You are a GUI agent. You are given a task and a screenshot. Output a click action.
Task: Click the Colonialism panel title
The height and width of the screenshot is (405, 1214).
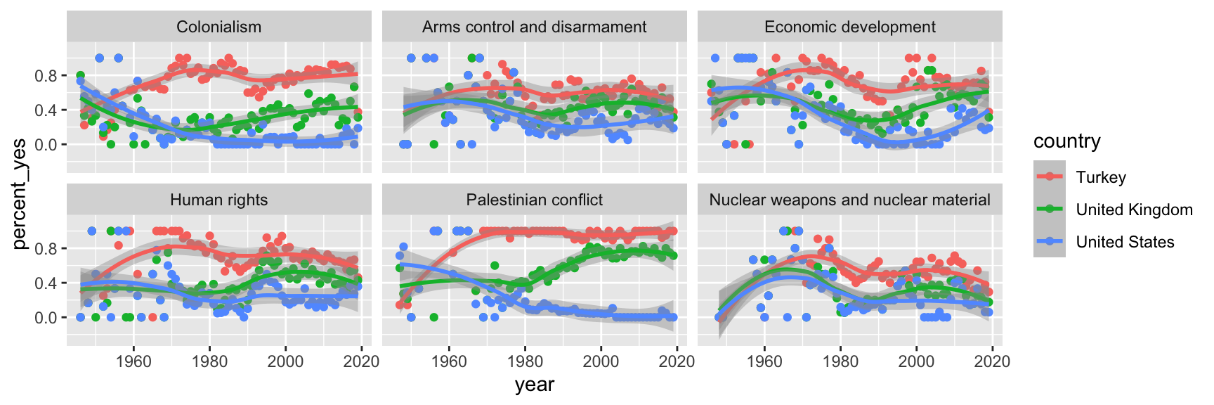(x=218, y=27)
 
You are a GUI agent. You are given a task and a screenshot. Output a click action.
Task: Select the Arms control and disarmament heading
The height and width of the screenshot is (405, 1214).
(x=534, y=27)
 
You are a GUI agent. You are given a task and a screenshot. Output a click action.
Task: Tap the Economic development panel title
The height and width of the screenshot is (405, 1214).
(x=849, y=27)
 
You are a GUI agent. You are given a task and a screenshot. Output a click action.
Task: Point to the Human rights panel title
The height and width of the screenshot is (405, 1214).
(x=218, y=200)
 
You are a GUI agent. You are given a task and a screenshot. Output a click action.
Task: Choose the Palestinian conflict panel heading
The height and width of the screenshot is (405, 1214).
(x=534, y=200)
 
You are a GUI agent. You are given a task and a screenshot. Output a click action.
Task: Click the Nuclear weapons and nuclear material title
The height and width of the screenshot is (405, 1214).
(x=849, y=200)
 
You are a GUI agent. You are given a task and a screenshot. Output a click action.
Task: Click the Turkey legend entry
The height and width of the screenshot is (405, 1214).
(x=1100, y=177)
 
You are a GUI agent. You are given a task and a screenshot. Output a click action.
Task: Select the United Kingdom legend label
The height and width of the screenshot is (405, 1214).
(x=1134, y=210)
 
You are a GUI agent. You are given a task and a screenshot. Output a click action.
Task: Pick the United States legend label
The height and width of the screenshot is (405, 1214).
(x=1125, y=242)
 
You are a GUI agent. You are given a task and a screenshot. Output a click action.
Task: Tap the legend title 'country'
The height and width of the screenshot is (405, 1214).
(x=1066, y=141)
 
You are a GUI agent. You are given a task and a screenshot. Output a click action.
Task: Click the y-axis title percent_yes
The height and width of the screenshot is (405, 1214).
(x=19, y=194)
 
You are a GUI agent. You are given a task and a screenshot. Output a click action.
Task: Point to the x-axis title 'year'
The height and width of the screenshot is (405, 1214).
(x=534, y=385)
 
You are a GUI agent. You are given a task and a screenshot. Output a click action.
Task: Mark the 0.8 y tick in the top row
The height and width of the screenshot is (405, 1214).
(x=46, y=76)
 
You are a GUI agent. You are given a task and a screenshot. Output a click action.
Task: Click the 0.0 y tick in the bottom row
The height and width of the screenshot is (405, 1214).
(x=46, y=318)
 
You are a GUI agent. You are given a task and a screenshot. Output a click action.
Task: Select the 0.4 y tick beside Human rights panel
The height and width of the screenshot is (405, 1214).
(x=46, y=283)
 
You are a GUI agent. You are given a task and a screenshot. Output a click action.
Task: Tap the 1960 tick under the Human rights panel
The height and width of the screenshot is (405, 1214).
(x=133, y=361)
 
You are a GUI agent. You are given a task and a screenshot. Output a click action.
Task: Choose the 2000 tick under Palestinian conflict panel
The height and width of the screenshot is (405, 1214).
(x=601, y=361)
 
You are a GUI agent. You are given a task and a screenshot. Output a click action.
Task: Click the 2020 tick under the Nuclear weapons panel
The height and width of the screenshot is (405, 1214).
(x=992, y=361)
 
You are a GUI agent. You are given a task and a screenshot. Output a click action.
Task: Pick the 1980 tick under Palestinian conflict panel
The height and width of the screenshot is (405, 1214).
(x=525, y=361)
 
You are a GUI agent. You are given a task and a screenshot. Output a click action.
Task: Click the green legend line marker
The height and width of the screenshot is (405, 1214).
(x=1050, y=210)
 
